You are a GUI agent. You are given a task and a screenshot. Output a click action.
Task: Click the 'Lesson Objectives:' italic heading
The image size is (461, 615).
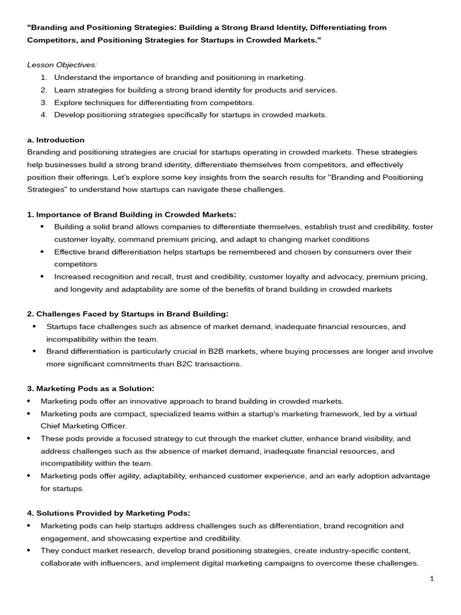pos(62,65)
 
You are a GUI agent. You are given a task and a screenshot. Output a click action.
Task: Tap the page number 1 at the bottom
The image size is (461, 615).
pos(432,578)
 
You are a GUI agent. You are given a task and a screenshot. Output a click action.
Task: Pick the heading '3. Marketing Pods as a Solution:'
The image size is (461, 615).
pos(91,389)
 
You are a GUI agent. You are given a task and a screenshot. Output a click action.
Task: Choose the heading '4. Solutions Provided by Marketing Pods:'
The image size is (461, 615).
pos(109,513)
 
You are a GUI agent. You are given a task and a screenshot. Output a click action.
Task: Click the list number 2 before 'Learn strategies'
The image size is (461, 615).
pos(44,90)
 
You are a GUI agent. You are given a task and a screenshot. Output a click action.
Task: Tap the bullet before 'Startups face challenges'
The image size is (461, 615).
pos(34,327)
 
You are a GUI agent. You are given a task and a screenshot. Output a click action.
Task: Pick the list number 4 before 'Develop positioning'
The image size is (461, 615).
pos(44,115)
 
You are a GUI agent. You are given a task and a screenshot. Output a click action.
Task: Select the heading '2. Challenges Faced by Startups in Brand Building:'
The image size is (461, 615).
pos(128,314)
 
